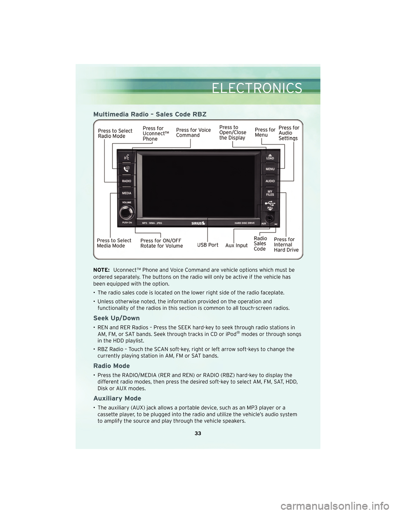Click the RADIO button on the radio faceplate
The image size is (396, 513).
pos(127,181)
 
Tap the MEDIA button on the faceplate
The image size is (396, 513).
pos(127,193)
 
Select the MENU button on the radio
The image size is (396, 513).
pos(270,169)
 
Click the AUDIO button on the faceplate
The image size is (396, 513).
pos(270,181)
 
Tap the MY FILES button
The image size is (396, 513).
pos(270,193)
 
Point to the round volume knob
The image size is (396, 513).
pos(127,212)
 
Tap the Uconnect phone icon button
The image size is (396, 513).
pos(127,169)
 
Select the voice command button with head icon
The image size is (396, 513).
pos(127,157)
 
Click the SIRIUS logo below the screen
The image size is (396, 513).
pos(198,223)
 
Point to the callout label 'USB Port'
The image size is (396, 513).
pos(207,245)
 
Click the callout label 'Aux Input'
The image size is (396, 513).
pos(236,245)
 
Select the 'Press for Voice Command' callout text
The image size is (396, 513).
pos(193,133)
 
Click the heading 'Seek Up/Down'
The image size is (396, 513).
pos(116,318)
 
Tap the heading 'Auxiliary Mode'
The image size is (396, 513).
pos(117,398)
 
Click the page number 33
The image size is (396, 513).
pos(198,433)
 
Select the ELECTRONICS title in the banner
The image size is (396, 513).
pos(257,88)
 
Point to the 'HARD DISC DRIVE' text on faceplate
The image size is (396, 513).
pos(245,223)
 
